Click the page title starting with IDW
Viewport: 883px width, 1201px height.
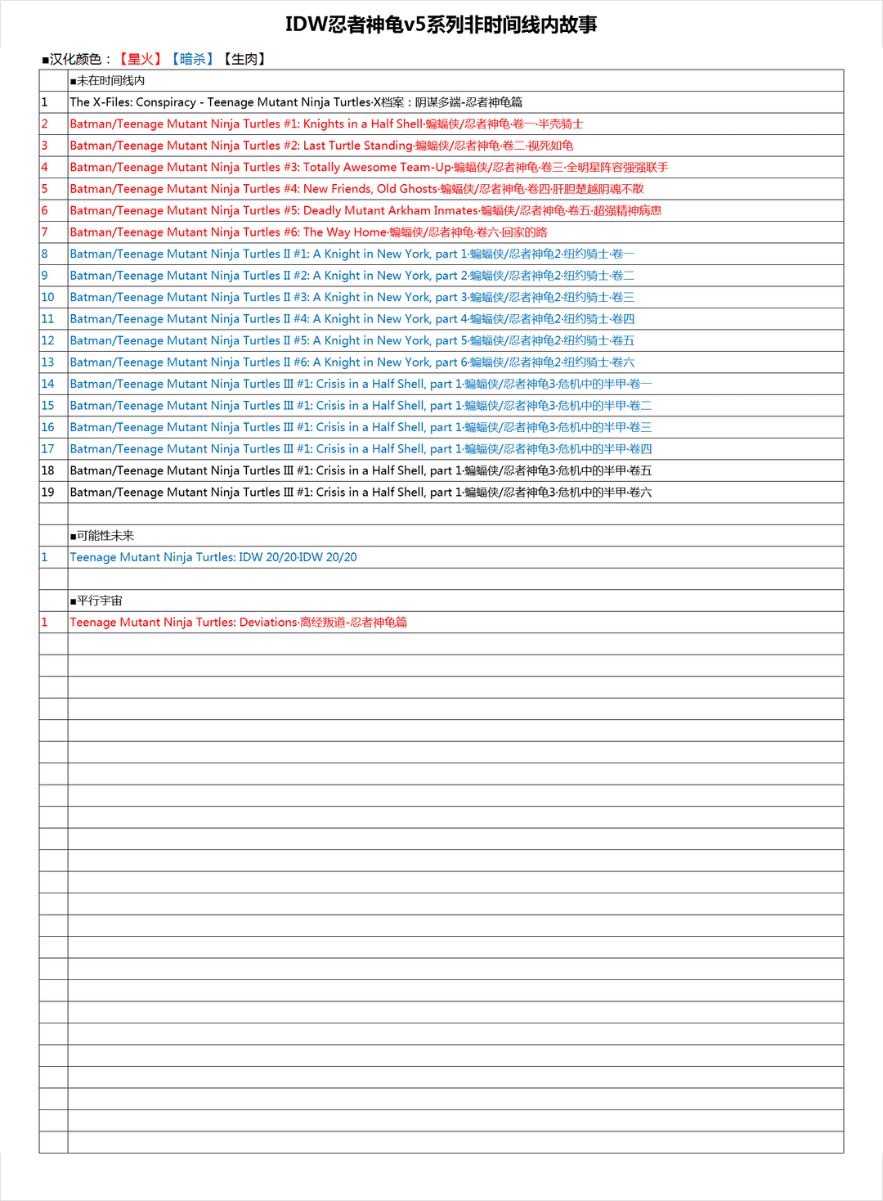(x=441, y=25)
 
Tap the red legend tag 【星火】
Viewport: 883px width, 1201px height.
(x=140, y=59)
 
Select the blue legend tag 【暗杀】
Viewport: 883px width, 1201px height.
(x=192, y=59)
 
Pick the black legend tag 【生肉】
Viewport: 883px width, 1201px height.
(x=244, y=59)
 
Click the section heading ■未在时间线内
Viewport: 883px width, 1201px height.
(x=108, y=80)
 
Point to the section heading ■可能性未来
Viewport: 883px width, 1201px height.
(x=102, y=536)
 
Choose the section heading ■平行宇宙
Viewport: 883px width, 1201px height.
(x=96, y=600)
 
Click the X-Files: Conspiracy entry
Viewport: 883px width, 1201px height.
(x=296, y=102)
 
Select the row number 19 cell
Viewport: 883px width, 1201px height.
(x=48, y=493)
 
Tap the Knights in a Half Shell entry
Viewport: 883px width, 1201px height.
(x=326, y=124)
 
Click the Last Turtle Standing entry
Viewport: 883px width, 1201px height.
(x=321, y=146)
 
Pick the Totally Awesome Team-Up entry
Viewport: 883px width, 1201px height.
(x=369, y=167)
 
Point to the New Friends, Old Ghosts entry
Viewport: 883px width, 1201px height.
(x=356, y=189)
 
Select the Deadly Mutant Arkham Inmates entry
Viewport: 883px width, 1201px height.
(x=365, y=210)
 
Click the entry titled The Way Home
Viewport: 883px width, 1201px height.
(x=308, y=232)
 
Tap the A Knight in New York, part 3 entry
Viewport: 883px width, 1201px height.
(x=352, y=297)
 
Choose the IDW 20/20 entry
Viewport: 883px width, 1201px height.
(x=213, y=557)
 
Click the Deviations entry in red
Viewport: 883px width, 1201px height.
(x=238, y=623)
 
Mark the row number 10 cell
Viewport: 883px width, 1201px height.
(x=48, y=297)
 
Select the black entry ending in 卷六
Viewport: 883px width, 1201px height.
(x=361, y=493)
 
